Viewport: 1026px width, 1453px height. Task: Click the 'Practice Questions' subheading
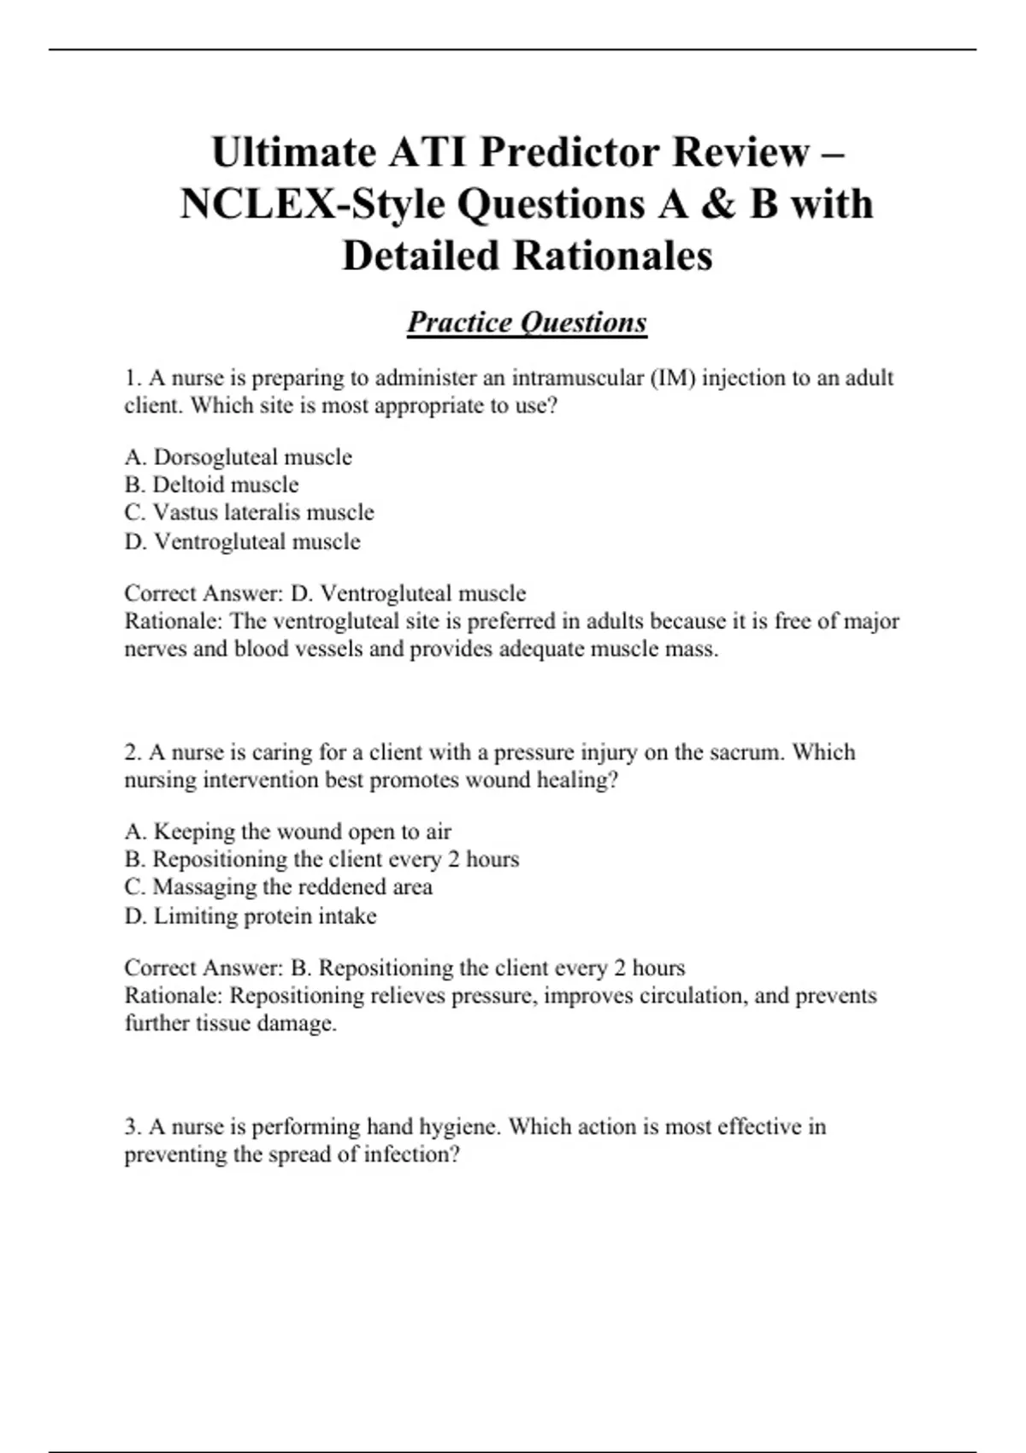tap(527, 322)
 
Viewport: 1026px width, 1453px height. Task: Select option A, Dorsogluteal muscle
tap(238, 457)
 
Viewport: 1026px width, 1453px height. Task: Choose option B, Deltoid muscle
tap(211, 485)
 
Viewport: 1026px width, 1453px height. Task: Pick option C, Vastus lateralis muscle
tap(249, 513)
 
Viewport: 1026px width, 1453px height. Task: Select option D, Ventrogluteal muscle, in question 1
tap(242, 541)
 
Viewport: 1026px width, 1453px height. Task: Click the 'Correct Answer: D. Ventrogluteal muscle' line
tap(325, 593)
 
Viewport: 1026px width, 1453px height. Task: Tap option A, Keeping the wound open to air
tap(287, 832)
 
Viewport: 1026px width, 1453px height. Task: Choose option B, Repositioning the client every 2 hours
tap(321, 859)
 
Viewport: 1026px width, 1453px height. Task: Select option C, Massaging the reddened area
tap(278, 887)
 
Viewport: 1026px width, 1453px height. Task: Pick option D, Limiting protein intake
tap(251, 916)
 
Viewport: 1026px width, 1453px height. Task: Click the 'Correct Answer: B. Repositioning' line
tap(404, 968)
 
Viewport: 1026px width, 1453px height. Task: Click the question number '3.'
tap(133, 1127)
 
